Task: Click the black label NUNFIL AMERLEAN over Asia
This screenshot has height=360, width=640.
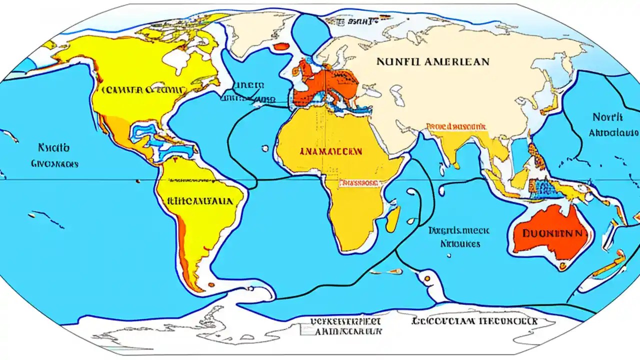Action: tap(432, 62)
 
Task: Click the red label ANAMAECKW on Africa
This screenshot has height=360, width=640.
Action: tap(332, 150)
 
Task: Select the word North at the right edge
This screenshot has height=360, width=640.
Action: tap(607, 117)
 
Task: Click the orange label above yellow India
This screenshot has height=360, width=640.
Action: tap(456, 126)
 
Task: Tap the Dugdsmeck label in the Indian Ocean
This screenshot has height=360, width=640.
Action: tap(458, 230)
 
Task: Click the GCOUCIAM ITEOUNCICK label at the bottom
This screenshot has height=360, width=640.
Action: tap(474, 321)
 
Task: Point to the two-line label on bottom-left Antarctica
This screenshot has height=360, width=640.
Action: tap(345, 325)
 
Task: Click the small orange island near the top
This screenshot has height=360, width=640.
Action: tap(282, 47)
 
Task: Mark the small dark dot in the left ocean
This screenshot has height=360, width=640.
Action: tap(136, 180)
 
